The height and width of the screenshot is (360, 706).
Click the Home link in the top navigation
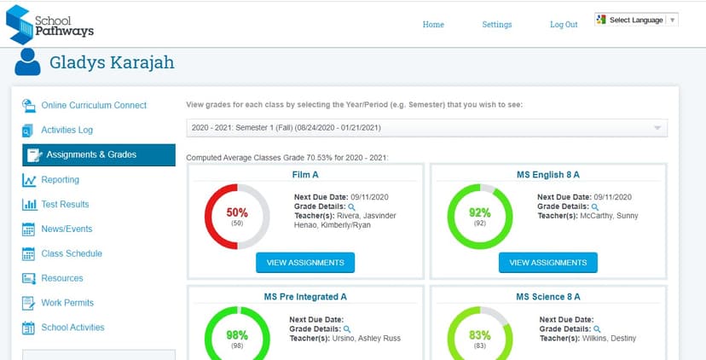coord(433,25)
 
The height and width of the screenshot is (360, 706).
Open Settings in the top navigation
coord(496,25)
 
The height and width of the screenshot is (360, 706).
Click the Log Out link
coord(564,25)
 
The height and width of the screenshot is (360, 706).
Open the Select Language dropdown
coord(636,20)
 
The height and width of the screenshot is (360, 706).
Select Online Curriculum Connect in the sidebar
coord(94,106)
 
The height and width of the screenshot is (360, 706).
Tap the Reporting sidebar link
coord(60,180)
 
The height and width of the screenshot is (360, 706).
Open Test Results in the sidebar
coord(65,205)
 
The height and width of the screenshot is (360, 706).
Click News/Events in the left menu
coord(67,229)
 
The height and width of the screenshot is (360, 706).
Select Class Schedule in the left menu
coord(72,254)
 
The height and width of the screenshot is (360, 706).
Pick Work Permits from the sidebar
coord(67,303)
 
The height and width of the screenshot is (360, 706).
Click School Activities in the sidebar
coord(72,328)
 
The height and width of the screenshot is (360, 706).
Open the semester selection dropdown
coord(426,128)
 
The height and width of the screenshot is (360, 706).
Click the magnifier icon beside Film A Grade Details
coord(351,206)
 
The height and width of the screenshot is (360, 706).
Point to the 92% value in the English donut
coord(480,213)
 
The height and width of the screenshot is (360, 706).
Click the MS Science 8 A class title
coord(548,297)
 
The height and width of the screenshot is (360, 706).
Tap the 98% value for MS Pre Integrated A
coord(237,335)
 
